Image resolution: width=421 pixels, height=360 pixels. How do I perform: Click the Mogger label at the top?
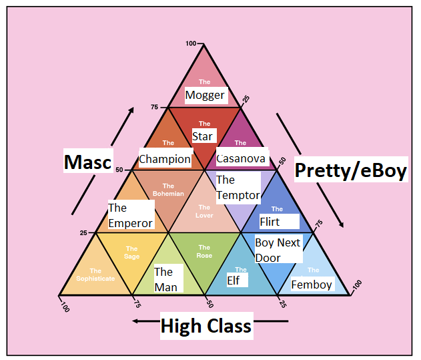point(205,95)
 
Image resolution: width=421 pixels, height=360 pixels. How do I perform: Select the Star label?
point(202,136)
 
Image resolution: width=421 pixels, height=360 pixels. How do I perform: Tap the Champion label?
point(165,160)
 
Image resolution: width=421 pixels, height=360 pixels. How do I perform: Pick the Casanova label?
point(241,159)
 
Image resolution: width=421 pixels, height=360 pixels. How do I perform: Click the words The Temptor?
point(237,188)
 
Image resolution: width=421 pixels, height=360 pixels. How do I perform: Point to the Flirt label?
point(270,222)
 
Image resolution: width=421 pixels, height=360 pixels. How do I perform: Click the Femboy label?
point(312,285)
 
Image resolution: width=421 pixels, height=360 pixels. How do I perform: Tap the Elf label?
point(233,281)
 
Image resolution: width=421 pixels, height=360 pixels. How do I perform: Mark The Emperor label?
point(130,216)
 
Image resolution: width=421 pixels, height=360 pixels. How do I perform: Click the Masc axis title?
point(87,161)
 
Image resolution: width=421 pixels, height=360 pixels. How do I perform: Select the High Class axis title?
point(205,326)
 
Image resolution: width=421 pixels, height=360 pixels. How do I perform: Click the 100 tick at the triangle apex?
point(191,43)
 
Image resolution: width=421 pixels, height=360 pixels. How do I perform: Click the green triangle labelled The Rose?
point(204,254)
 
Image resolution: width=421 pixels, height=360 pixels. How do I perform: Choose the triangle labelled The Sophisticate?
point(95,274)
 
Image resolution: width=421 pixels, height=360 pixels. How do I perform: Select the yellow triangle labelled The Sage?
point(132,252)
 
